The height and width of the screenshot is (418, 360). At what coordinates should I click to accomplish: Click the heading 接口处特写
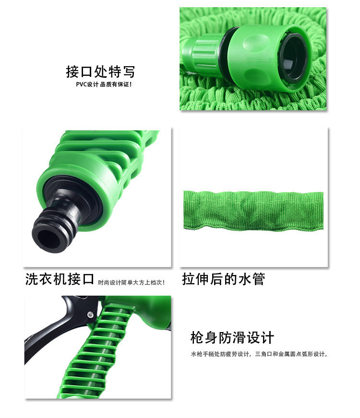point(100,72)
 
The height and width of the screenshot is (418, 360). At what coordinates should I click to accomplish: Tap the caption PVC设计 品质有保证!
point(104,84)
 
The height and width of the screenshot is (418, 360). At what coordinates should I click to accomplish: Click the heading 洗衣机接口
point(60,279)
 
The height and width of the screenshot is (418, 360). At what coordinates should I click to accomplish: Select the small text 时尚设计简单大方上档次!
point(131,282)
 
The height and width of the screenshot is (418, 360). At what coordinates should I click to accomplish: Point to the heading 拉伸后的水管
point(224,279)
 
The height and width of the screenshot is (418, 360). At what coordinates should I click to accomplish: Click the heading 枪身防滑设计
point(232,337)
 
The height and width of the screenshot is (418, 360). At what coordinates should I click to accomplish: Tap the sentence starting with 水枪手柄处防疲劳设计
point(259,354)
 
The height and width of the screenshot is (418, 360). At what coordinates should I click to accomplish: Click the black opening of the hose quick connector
point(293,57)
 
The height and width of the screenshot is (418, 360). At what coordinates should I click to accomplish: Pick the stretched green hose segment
point(253,211)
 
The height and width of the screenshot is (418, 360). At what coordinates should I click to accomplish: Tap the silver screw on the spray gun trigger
point(90,315)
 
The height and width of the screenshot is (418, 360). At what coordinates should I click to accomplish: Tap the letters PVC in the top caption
point(81,84)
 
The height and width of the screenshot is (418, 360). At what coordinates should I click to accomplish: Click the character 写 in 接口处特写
point(129,72)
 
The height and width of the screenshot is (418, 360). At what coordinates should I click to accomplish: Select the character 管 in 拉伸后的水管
point(258,279)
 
